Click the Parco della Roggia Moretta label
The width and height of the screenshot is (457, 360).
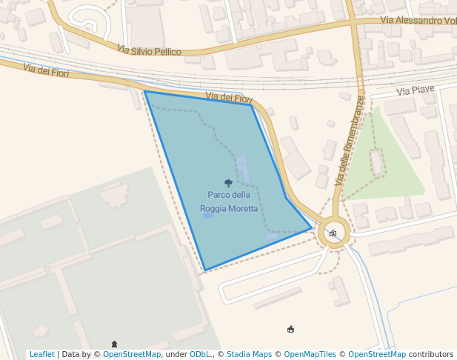point(229,201)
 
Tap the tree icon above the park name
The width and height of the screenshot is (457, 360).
point(228,183)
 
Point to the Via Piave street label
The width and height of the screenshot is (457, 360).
point(415,90)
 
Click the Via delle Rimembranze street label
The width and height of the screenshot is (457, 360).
point(350,141)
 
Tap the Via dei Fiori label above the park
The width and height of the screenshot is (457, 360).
point(229,98)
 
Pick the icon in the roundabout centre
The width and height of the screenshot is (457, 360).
point(333,233)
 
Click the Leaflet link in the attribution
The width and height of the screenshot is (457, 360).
point(41,354)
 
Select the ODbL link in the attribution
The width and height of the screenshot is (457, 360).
point(200,354)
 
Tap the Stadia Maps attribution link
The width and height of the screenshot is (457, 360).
point(249,354)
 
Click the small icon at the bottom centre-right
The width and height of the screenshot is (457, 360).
point(291,329)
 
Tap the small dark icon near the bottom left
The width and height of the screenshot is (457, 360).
point(114,344)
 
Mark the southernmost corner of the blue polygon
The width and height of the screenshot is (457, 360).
point(205,270)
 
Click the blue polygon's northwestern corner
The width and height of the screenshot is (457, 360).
point(145,92)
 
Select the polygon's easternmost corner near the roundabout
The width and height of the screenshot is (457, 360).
point(311,229)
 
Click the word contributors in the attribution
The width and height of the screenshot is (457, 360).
point(431,354)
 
